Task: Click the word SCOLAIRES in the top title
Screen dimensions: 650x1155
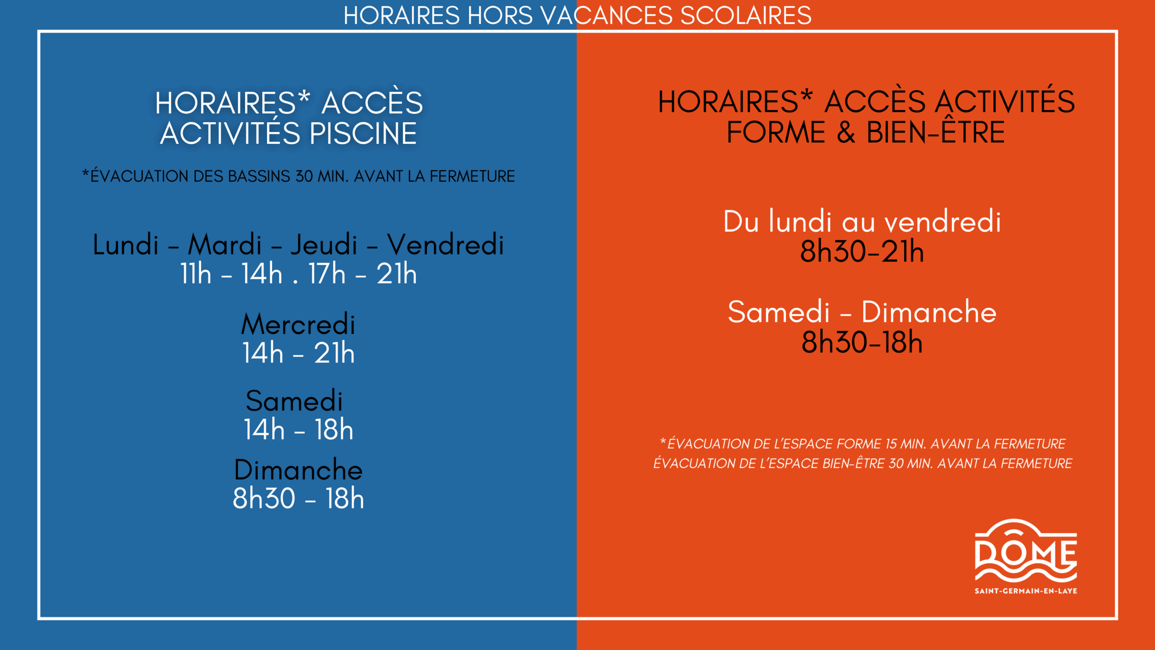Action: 745,15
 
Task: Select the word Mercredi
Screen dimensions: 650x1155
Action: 298,324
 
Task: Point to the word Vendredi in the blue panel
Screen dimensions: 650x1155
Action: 445,245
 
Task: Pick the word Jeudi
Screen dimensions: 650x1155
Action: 324,245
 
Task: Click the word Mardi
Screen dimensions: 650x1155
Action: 225,245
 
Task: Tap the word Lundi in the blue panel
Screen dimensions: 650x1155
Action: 125,245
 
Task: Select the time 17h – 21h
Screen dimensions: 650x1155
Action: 362,274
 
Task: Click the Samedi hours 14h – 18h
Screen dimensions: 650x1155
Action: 298,430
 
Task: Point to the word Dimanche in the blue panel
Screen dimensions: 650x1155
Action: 298,470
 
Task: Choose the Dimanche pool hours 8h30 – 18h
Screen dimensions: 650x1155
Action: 298,499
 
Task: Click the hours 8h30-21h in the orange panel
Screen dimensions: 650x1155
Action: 862,252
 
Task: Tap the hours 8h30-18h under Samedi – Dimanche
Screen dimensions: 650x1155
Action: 862,342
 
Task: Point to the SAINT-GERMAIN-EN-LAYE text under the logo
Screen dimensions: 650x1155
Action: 1026,591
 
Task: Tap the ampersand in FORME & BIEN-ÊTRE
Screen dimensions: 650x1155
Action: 845,133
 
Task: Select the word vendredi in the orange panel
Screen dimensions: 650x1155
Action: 942,222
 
